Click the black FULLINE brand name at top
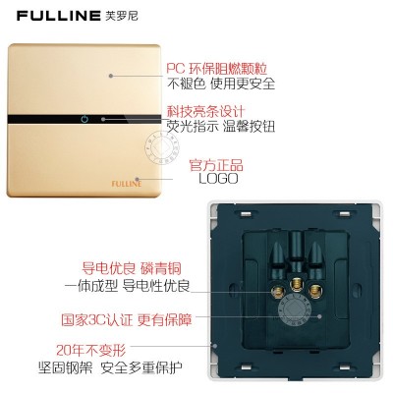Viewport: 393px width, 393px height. coord(59,16)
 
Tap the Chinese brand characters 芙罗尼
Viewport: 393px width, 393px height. coord(122,16)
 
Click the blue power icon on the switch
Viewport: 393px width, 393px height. coord(84,119)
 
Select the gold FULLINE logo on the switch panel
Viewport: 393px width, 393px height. coord(127,184)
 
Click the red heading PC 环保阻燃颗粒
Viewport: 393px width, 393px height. coord(217,69)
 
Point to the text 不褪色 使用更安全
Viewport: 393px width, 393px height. coord(221,84)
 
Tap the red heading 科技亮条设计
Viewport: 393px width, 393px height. coord(206,111)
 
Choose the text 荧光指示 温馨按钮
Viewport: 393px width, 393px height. coord(221,127)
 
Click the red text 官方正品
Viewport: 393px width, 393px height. coord(216,165)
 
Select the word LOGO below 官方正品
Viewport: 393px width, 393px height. coord(218,179)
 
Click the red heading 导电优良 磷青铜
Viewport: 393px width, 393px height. coord(132,269)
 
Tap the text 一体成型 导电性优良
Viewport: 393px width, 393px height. coord(127,286)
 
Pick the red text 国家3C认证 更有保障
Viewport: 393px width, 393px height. coord(127,319)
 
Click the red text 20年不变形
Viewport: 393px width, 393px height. coord(91,351)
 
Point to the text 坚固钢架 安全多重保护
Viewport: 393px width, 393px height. coord(110,367)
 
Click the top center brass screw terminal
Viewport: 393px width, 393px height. coord(297,284)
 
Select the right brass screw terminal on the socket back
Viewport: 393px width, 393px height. coord(315,290)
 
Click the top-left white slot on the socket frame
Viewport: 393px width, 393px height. coord(246,214)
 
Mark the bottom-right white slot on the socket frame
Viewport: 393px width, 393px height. coord(345,367)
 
